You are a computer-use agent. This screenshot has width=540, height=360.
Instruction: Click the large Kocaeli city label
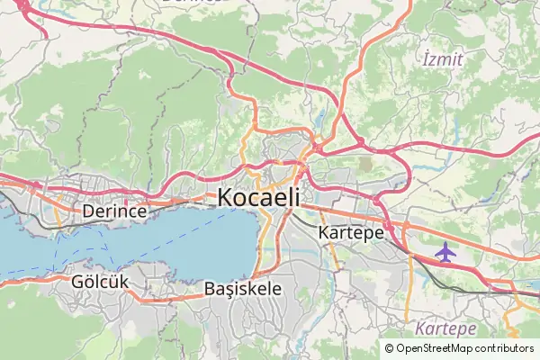258,197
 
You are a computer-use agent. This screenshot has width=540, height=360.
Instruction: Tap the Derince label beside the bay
114,211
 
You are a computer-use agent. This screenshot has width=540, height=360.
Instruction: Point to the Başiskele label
243,289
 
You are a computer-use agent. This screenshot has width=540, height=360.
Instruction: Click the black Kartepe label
351,231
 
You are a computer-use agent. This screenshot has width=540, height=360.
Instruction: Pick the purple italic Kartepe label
445,328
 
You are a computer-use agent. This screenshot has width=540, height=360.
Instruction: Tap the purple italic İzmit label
442,60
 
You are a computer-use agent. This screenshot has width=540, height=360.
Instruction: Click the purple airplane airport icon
445,252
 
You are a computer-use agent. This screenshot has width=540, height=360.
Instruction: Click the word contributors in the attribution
503,348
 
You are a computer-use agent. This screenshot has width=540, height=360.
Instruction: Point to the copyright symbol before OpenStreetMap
389,348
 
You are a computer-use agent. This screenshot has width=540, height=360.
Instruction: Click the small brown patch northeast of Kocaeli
365,165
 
